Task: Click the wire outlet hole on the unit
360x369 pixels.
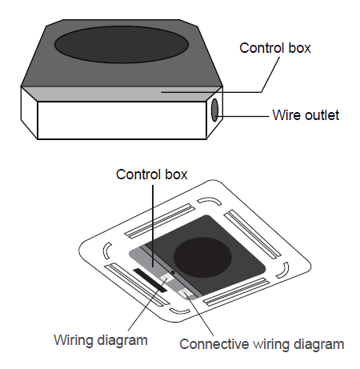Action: [x=214, y=110]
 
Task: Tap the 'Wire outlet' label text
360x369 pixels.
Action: [x=306, y=115]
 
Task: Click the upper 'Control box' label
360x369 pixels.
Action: [x=275, y=48]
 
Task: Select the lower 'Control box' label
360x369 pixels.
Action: [x=152, y=174]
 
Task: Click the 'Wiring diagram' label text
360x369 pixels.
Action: [x=101, y=340]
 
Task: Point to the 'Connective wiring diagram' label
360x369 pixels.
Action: [x=262, y=344]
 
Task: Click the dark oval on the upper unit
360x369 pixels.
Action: [x=122, y=45]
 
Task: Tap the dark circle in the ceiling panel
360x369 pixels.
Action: [x=202, y=258]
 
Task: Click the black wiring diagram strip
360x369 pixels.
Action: [x=150, y=280]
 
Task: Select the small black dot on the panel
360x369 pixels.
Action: [x=173, y=272]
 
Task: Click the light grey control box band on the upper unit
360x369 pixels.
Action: [x=122, y=94]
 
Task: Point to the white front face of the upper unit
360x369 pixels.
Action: [x=122, y=120]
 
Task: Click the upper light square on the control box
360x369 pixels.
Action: [x=166, y=278]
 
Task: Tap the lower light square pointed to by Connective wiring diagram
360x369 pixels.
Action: [x=186, y=294]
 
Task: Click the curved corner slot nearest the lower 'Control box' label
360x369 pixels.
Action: [x=210, y=201]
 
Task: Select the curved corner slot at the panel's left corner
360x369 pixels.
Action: [x=106, y=250]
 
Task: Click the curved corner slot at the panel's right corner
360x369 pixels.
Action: [x=283, y=271]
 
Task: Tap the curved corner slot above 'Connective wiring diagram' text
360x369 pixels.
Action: [x=179, y=311]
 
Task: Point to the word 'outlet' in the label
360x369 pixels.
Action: [x=322, y=115]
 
